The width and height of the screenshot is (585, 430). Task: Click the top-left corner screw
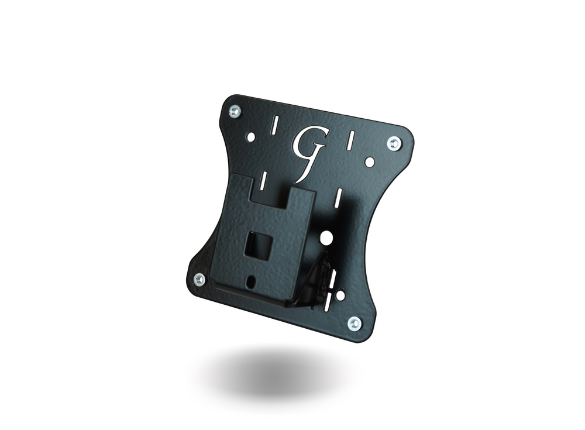[x=235, y=111]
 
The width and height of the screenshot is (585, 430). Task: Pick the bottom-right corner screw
[x=354, y=322]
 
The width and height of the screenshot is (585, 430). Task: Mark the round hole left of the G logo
[x=251, y=137]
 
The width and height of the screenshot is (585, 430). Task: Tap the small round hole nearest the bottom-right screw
[x=332, y=288]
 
